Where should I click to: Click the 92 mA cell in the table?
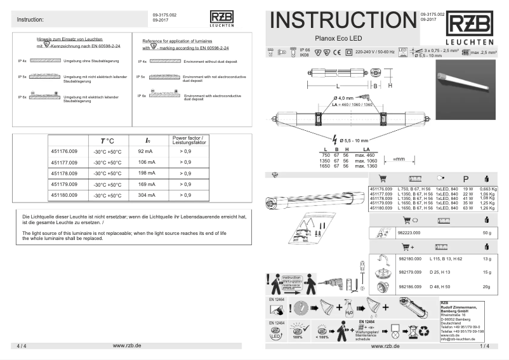point(145,152)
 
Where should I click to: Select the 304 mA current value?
point(145,195)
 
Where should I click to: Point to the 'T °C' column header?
point(106,140)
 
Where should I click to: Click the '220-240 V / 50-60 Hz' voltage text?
point(375,51)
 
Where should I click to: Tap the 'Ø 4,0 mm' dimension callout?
point(344,97)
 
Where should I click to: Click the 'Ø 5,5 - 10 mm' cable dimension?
point(359,139)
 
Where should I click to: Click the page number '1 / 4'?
point(485,346)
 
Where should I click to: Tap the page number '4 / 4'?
point(22,346)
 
